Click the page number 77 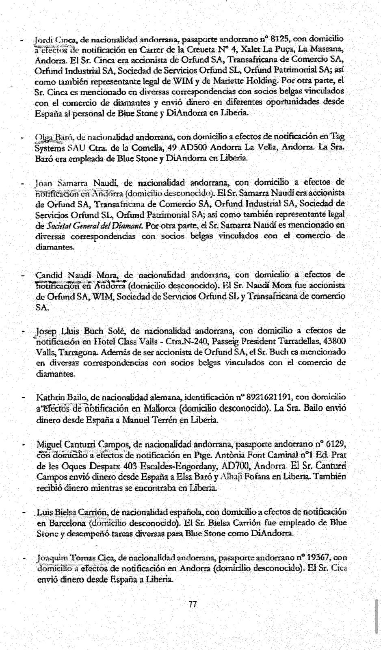(x=193, y=604)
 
